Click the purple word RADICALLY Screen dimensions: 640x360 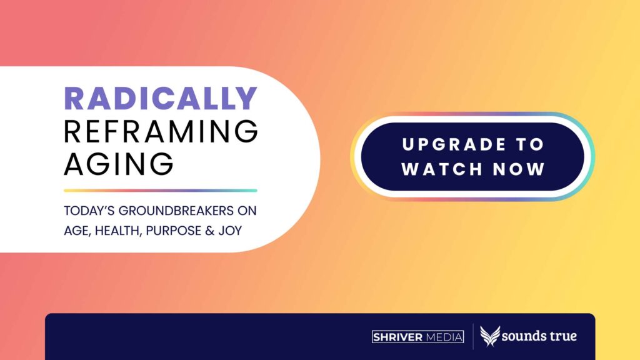pyautogui.click(x=161, y=98)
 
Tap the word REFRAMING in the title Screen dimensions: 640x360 pyautogui.click(x=161, y=131)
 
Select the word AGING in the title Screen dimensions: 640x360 pyautogui.click(x=119, y=164)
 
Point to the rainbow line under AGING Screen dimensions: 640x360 pyautogui.click(x=161, y=191)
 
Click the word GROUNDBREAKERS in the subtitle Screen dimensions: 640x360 pyautogui.click(x=176, y=211)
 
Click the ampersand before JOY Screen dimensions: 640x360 pyautogui.click(x=210, y=231)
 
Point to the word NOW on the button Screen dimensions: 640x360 pyautogui.click(x=519, y=169)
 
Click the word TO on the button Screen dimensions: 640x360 pyautogui.click(x=530, y=144)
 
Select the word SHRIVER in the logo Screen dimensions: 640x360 pyautogui.click(x=398, y=337)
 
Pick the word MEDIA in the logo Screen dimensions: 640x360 pyautogui.click(x=444, y=337)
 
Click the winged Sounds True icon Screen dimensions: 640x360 pyautogui.click(x=490, y=336)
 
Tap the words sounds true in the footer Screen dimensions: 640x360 pyautogui.click(x=539, y=336)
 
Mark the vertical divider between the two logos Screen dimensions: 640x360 pyautogui.click(x=473, y=337)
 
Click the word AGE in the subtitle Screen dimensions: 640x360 pyautogui.click(x=77, y=231)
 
